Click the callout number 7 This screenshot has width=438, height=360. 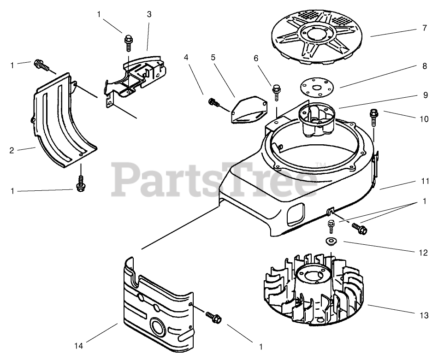coord(424,29)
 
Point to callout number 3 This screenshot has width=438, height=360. coord(149,14)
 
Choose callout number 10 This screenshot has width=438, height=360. coord(424,118)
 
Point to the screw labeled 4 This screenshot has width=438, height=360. coord(213,102)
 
